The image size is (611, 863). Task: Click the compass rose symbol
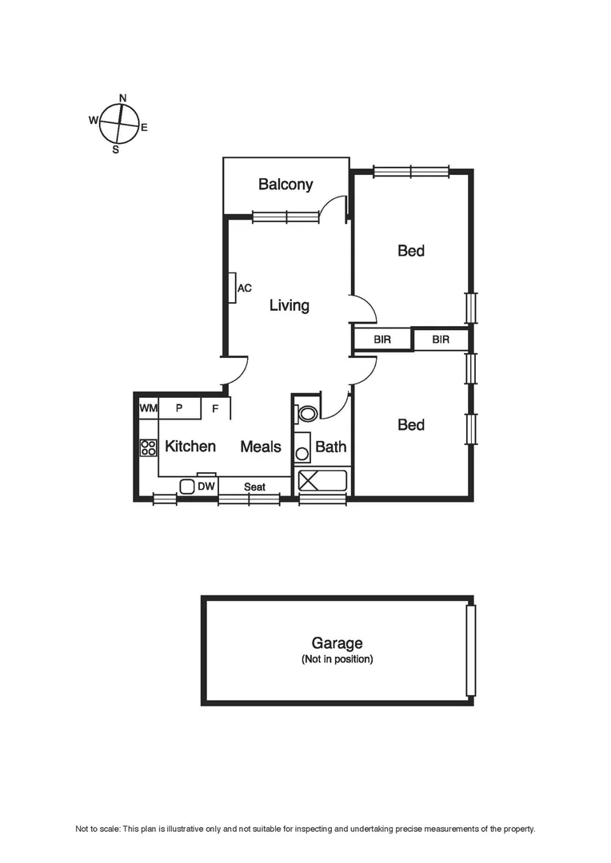120,124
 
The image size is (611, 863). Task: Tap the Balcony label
286,185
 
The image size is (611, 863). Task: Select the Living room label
289,305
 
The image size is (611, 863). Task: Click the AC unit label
245,288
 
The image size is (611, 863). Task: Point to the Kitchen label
190,446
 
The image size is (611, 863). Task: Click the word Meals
261,446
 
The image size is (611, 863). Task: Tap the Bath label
330,446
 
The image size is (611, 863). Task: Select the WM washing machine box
149,408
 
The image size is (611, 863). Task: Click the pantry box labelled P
179,408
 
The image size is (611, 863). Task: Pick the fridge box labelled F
215,408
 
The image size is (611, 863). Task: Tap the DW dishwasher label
206,486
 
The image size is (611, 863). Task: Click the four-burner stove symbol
148,447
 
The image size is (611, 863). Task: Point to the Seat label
254,487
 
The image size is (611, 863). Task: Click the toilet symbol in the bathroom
305,413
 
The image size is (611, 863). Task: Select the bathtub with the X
322,481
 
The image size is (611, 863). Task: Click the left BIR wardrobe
382,340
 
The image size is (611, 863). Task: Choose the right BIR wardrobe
441,340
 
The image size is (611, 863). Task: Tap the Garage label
337,642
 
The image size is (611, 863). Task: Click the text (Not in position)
337,660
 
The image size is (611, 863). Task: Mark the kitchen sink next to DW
187,486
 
